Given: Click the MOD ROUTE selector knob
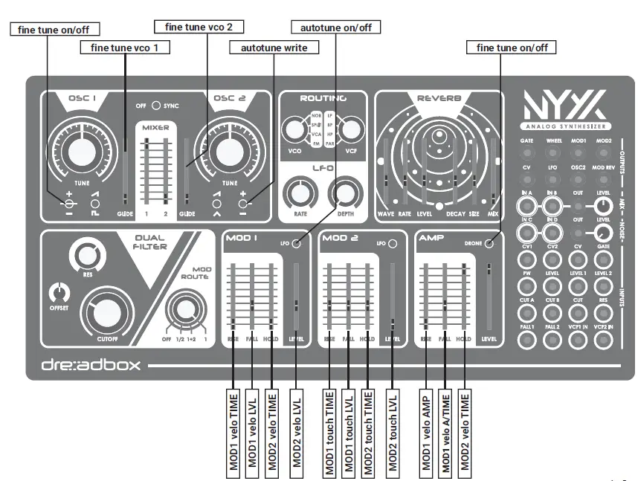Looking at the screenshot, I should [182, 306].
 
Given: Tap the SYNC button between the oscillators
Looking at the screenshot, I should [157, 106].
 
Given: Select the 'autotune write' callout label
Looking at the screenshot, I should [274, 47].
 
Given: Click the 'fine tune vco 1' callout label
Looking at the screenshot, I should [125, 47].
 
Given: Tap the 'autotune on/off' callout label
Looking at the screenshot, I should [335, 28].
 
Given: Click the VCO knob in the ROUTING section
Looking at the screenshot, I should [294, 130].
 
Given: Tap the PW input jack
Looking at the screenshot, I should [527, 283].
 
